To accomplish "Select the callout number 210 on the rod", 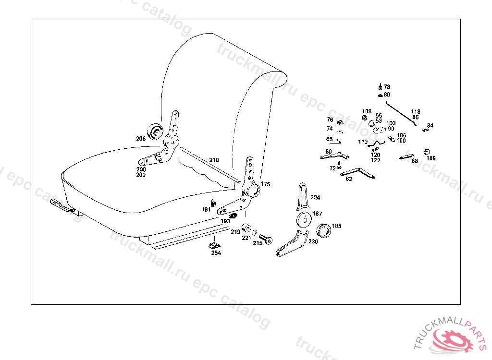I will point(214,160).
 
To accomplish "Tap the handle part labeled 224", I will point(302,197).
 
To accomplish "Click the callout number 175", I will point(266,184).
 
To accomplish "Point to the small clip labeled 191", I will point(213,202).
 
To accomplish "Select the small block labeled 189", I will point(426,152).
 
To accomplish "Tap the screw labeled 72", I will point(339,165).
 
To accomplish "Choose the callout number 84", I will point(430,126).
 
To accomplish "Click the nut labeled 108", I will point(364,118).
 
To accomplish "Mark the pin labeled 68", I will point(406,156).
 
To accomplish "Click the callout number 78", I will point(387,87).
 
